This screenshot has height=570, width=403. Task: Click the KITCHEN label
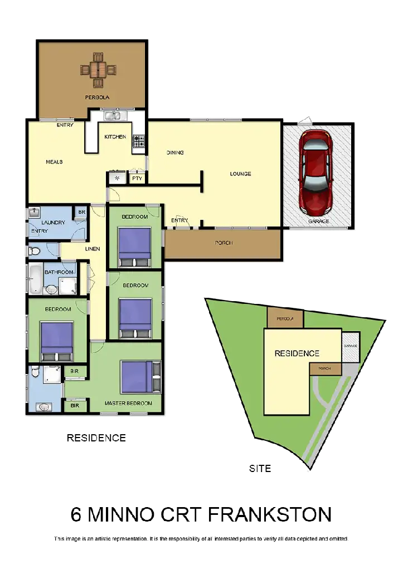click(115, 137)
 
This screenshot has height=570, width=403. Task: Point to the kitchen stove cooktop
click(138, 142)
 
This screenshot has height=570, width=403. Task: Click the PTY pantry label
click(137, 179)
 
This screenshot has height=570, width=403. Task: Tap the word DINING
click(175, 153)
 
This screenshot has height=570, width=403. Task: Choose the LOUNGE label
click(240, 174)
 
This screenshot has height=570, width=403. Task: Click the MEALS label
click(54, 162)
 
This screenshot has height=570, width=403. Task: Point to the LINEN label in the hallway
click(93, 249)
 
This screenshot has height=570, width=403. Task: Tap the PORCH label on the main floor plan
click(224, 243)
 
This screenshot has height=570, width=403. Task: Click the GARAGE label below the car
click(319, 221)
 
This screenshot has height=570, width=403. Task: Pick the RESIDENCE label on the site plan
click(297, 353)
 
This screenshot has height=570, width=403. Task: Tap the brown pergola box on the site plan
click(285, 319)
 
